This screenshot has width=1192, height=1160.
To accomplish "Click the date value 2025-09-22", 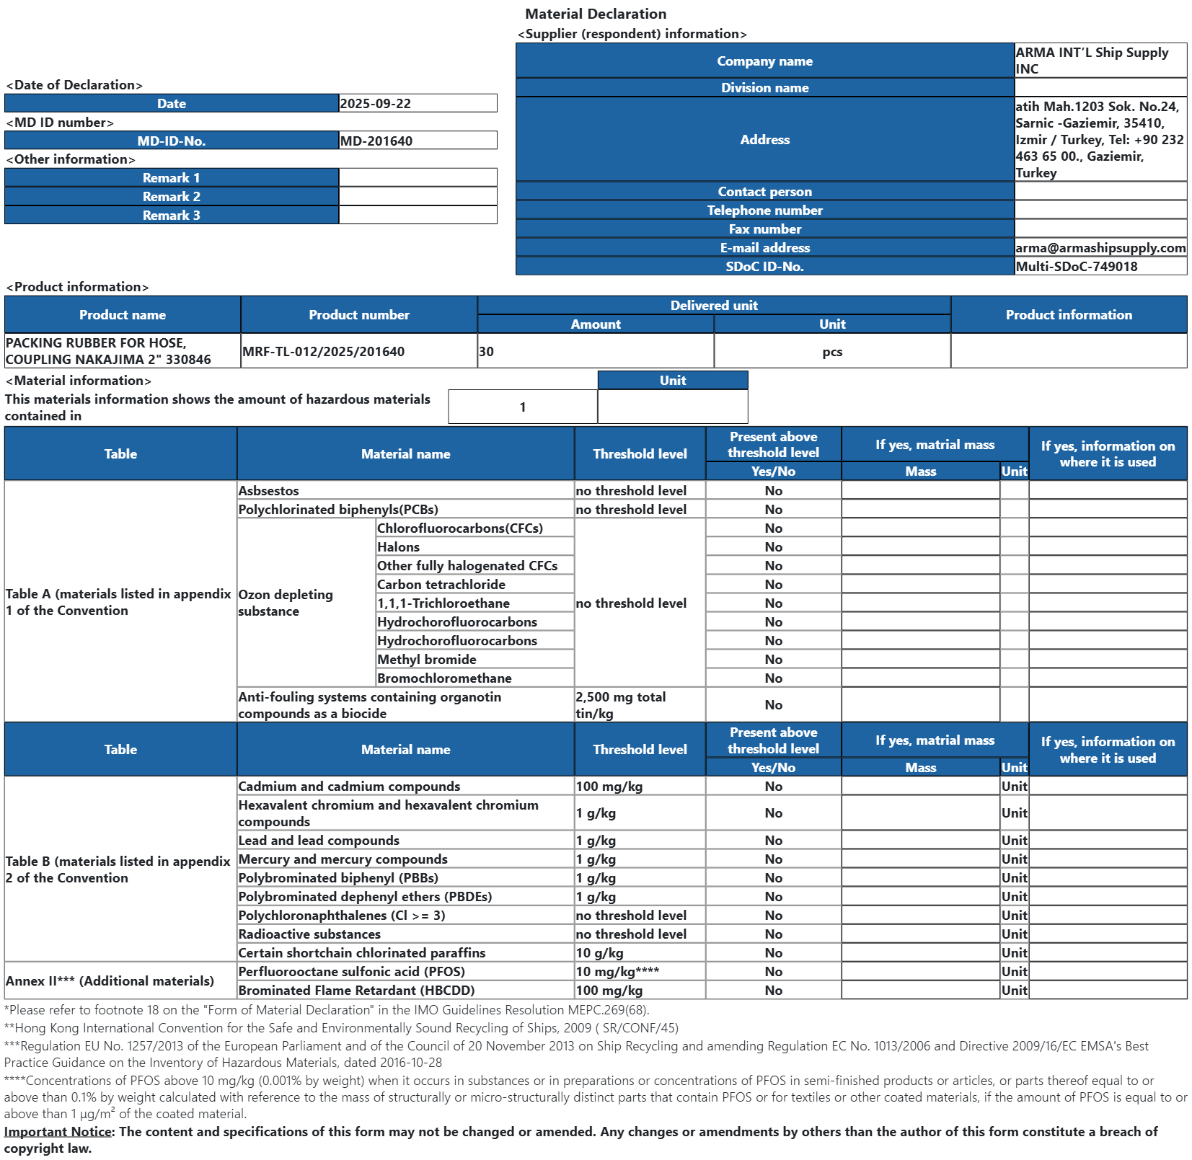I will [376, 104].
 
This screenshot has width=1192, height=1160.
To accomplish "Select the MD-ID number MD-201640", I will [376, 141].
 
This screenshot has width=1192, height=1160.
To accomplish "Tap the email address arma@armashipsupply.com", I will [1100, 248].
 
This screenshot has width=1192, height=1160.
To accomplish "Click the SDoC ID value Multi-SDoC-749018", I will [1077, 267].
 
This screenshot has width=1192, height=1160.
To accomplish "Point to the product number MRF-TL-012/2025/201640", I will [323, 352].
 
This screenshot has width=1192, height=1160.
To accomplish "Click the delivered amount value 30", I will [487, 352].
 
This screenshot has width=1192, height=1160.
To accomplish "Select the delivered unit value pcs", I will [832, 353].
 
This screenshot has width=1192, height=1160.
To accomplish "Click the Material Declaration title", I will [596, 14].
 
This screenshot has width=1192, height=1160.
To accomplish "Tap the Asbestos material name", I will [268, 491].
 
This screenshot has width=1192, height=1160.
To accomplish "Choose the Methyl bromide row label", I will [426, 660].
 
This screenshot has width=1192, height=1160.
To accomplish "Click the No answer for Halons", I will [773, 547].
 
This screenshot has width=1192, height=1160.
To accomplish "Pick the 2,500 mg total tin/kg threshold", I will [620, 705].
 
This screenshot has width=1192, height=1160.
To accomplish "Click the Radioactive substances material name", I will [309, 934].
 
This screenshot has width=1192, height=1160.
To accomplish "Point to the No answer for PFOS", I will [773, 972].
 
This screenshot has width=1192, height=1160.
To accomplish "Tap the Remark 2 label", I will [172, 197].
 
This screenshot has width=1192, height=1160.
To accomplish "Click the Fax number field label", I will [764, 229].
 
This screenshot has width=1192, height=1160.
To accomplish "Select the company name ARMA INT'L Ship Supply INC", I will [1092, 61].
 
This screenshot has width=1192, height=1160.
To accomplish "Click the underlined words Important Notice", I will [58, 1132].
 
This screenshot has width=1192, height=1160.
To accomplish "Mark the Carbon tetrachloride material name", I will [441, 585].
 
